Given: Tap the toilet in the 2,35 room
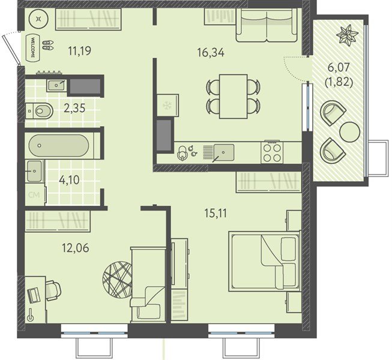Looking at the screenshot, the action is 40,110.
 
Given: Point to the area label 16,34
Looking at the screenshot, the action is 211,53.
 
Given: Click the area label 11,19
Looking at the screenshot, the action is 80,51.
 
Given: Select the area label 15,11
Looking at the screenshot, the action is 216,214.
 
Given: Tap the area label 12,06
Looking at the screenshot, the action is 75,248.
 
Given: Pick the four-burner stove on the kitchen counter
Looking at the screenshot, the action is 272,152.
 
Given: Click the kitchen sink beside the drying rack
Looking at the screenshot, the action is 224,152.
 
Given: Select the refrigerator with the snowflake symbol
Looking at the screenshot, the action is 167,105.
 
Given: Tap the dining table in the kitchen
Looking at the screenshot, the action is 234,97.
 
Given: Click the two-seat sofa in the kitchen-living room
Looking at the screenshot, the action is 267,25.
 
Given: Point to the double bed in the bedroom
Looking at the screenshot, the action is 265,261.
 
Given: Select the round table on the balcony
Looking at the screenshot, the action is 349,132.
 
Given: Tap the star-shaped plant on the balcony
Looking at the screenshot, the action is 347,34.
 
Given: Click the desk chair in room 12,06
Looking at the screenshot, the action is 53,291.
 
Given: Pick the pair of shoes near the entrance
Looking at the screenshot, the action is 48,45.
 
